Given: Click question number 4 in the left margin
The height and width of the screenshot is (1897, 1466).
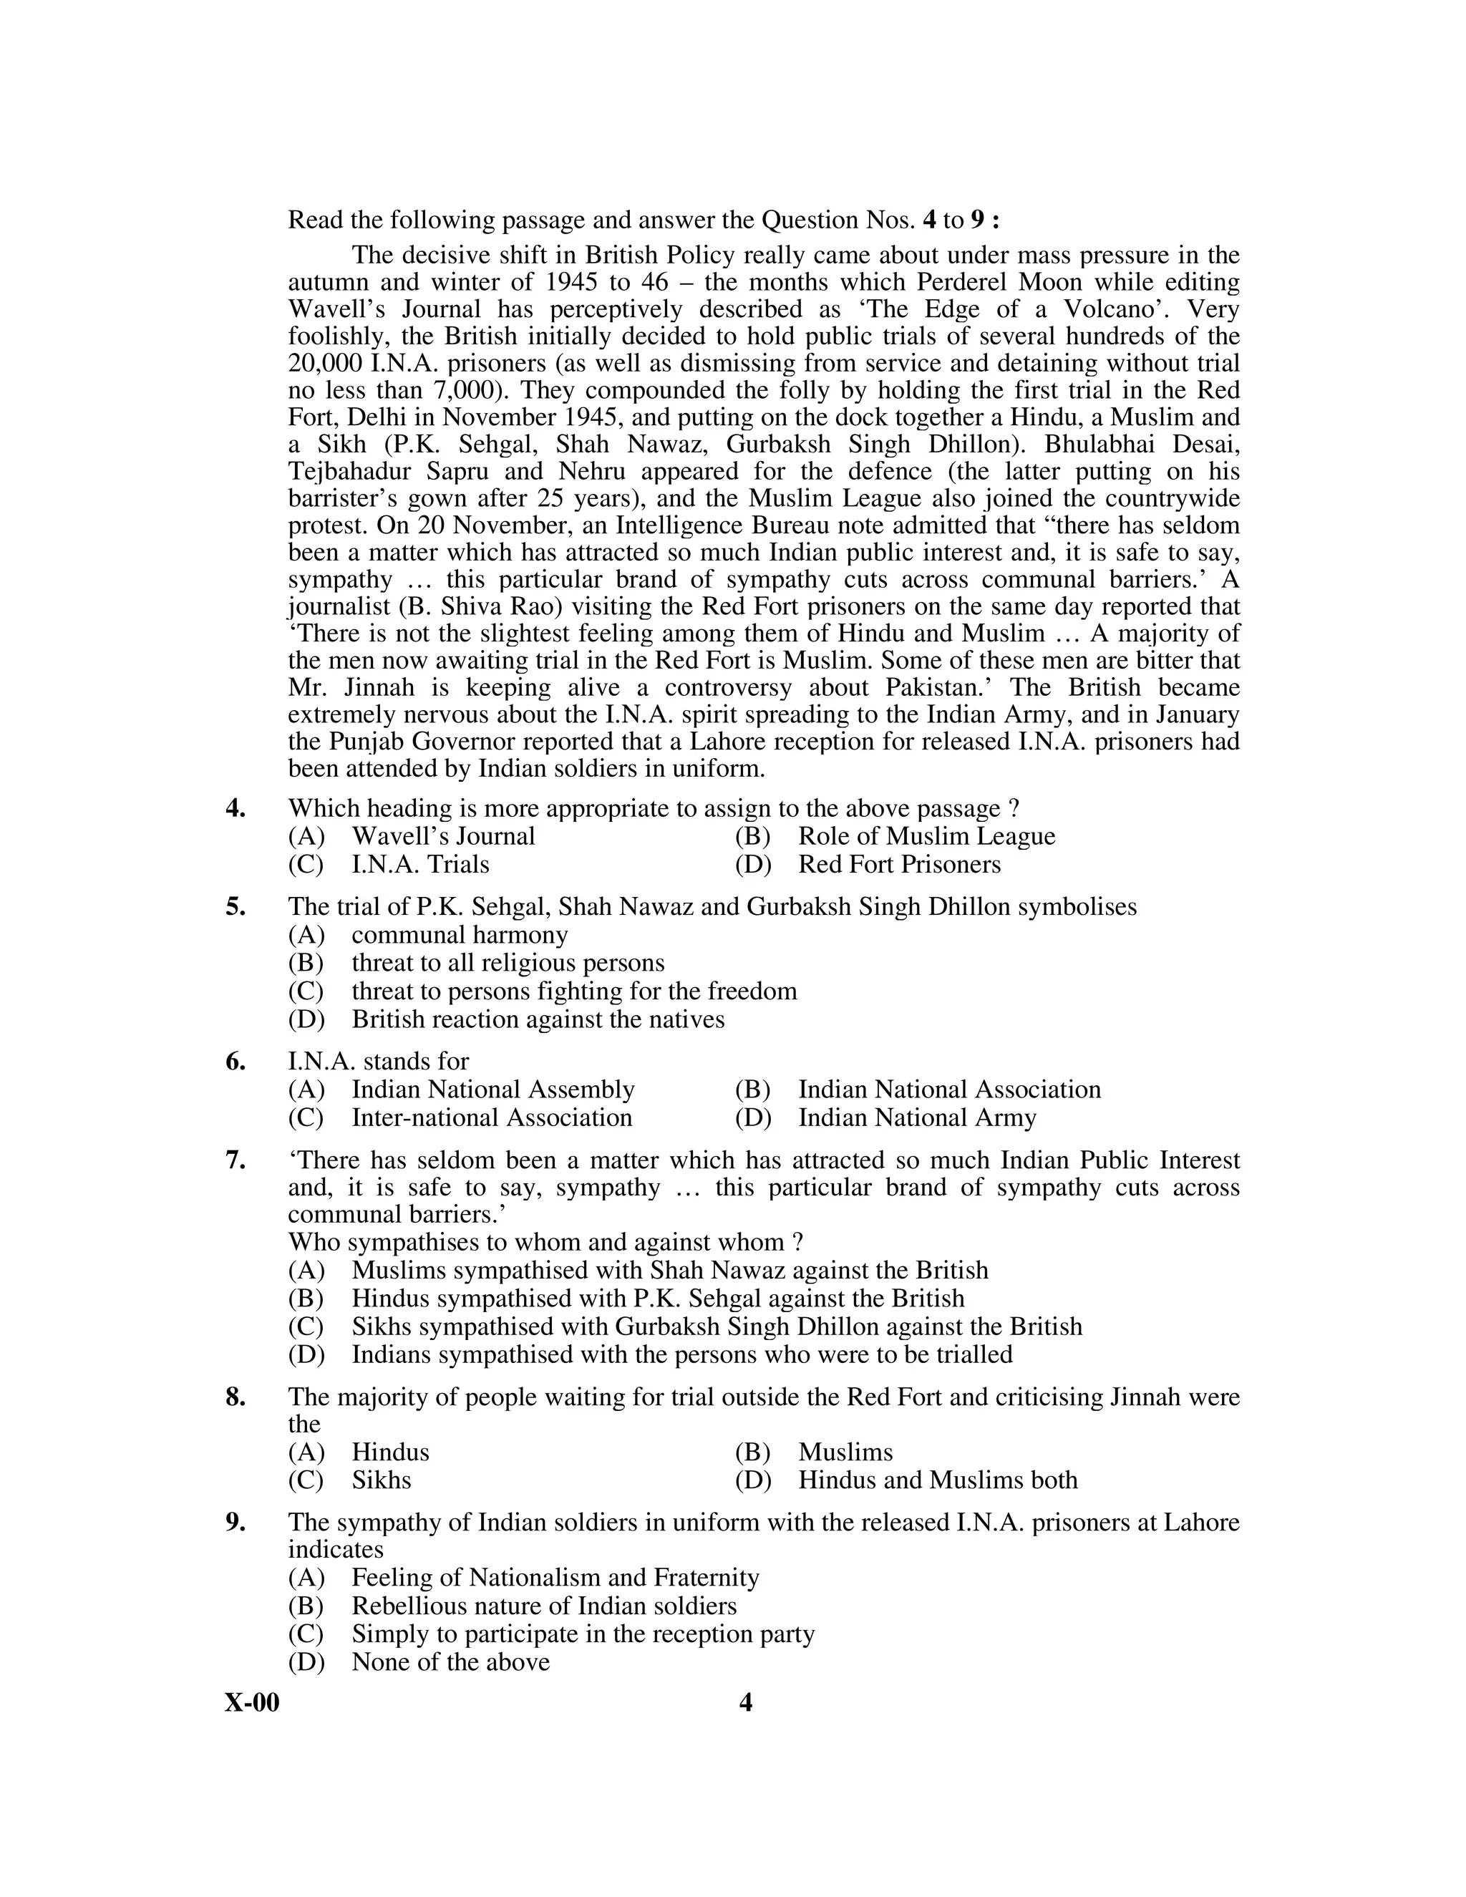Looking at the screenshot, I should pyautogui.click(x=236, y=809).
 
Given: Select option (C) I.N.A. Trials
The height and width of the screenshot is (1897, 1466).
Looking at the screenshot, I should pyautogui.click(x=420, y=864).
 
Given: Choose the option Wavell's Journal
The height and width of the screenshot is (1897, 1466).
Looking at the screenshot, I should pyautogui.click(x=443, y=836).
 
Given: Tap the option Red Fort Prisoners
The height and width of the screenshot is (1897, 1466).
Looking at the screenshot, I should pyautogui.click(x=899, y=864).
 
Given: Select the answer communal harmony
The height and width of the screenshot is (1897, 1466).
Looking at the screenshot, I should pyautogui.click(x=460, y=935).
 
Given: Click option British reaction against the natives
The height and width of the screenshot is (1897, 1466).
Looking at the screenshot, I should pyautogui.click(x=538, y=1019).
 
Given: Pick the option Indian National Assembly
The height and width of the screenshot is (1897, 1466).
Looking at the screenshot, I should pyautogui.click(x=492, y=1090).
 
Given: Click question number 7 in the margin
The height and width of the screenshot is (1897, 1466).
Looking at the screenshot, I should pyautogui.click(x=236, y=1160).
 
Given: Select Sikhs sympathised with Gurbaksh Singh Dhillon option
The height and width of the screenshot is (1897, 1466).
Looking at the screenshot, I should pyautogui.click(x=717, y=1326).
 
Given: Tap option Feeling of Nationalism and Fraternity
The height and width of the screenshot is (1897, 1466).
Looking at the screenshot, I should pyautogui.click(x=555, y=1576).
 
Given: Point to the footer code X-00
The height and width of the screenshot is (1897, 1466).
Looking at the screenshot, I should pyautogui.click(x=252, y=1703).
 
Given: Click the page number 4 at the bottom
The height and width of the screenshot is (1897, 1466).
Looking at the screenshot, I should pyautogui.click(x=745, y=1703).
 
